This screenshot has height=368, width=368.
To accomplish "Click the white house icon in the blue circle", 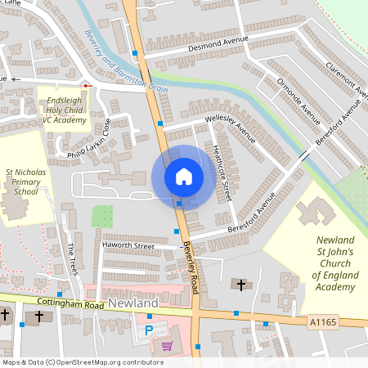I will point(183,177).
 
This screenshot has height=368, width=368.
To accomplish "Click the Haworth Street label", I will point(128,245).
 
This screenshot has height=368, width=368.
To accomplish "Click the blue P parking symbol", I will point(149,331).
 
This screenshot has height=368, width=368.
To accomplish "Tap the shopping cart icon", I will point(168,345).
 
